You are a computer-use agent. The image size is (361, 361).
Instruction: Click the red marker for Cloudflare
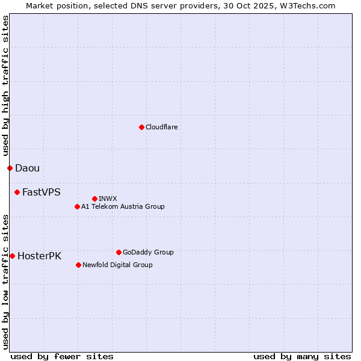click(x=141, y=127)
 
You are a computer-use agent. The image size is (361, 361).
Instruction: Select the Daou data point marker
click(x=10, y=168)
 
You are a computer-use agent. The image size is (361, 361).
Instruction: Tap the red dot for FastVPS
click(x=17, y=192)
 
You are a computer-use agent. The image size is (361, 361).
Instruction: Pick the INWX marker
click(x=94, y=199)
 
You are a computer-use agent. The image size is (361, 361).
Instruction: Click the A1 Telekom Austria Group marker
click(x=77, y=206)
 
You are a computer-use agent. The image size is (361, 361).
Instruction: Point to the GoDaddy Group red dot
click(x=119, y=252)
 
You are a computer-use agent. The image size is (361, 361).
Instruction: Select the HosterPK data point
click(x=12, y=256)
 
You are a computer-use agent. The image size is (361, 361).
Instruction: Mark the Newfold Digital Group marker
click(x=78, y=265)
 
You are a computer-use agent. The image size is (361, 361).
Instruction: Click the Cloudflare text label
click(x=161, y=127)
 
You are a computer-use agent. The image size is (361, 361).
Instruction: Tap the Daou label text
click(x=27, y=168)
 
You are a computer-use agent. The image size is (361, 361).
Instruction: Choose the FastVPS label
click(x=41, y=192)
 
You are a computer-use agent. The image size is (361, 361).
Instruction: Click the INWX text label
click(x=108, y=199)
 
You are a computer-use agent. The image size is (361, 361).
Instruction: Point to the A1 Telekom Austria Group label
click(x=123, y=206)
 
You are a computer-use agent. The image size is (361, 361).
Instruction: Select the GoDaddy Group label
click(x=148, y=252)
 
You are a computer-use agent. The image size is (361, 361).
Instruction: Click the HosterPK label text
click(x=39, y=256)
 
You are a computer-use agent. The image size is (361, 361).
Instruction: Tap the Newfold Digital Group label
click(x=117, y=265)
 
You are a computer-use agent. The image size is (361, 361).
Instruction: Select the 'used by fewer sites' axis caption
click(x=62, y=356)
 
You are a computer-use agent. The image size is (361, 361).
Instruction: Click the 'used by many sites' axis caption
click(x=302, y=356)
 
